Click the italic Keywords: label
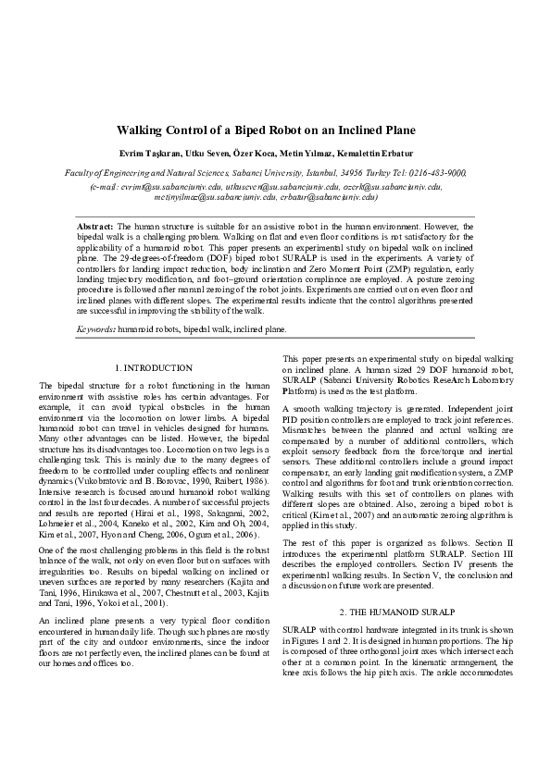(95, 328)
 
